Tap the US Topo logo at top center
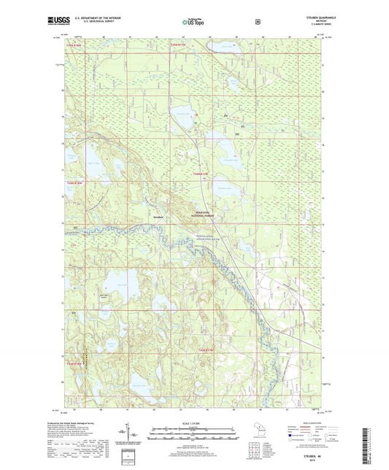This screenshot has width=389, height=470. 194,23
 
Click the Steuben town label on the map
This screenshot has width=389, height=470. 159,216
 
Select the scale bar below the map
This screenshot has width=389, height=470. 194,435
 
